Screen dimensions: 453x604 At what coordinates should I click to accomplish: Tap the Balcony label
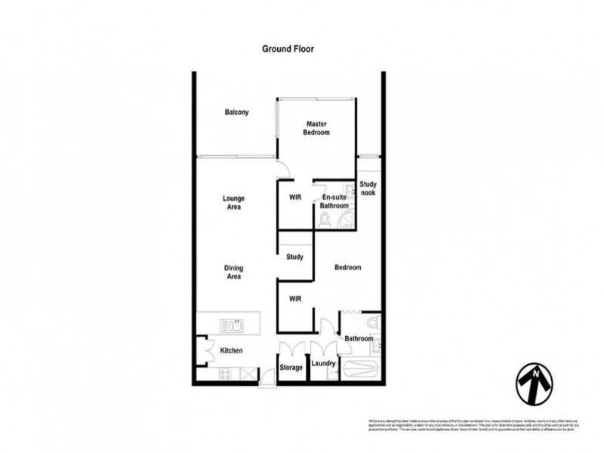tap(236, 112)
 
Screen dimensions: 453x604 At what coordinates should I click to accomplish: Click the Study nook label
tap(368, 188)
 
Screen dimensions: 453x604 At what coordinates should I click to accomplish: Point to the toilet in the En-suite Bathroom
tap(325, 220)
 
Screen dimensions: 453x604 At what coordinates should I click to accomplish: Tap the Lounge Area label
tap(233, 202)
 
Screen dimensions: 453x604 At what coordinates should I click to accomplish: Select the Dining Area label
tap(233, 272)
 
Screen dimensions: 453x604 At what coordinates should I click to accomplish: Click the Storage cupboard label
tap(291, 368)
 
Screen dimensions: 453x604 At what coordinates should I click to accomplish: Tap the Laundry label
tap(322, 366)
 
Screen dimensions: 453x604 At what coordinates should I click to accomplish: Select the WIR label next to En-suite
tap(296, 199)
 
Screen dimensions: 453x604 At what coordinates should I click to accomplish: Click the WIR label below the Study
tap(296, 299)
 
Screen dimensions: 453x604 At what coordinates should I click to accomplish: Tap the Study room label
tap(295, 257)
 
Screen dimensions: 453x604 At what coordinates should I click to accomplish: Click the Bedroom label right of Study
tap(347, 267)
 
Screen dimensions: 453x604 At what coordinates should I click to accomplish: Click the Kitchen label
tap(231, 351)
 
